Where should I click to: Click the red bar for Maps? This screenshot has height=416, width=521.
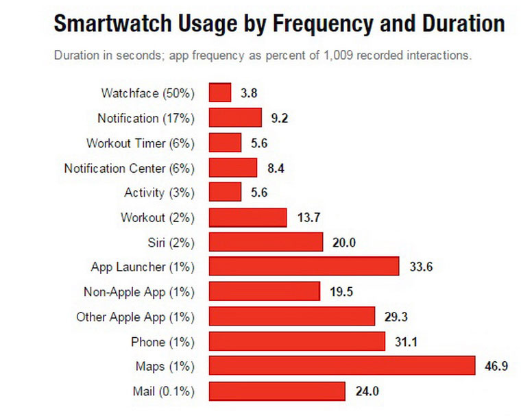(341, 366)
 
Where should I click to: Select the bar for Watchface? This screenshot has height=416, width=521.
(219, 93)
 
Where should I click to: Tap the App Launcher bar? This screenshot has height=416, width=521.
(304, 267)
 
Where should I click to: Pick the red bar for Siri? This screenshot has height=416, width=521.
(265, 242)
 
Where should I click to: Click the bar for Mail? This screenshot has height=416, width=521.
(276, 391)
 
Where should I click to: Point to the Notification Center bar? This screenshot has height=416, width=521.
(232, 168)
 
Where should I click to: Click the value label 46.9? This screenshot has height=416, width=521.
(496, 366)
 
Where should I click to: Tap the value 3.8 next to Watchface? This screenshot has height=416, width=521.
(248, 93)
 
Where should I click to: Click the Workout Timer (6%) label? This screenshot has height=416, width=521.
(141, 143)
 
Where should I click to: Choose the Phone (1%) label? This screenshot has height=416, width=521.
(162, 342)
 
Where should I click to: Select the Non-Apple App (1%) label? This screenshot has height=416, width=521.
(139, 292)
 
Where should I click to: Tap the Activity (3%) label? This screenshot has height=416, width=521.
(160, 193)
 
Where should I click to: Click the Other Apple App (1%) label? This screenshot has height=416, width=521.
(136, 317)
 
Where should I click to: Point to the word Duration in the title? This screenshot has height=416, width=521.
(449, 25)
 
